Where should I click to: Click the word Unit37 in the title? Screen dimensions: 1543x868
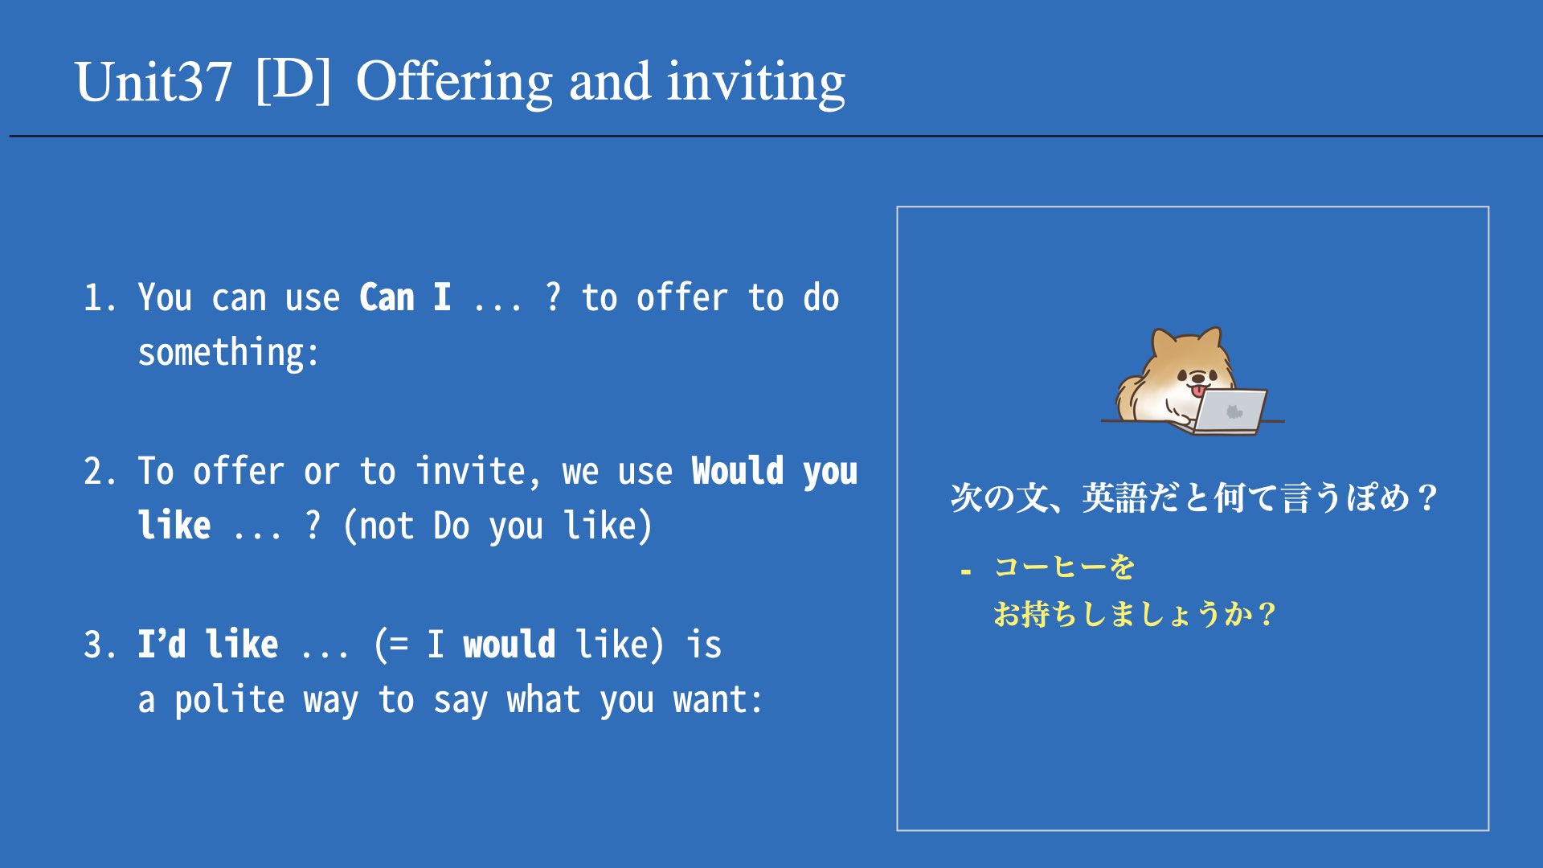[x=153, y=82]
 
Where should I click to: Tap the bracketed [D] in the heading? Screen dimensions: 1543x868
[x=293, y=80]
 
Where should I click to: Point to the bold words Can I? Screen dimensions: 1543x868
[x=404, y=297]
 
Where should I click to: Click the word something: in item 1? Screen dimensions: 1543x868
[x=229, y=353]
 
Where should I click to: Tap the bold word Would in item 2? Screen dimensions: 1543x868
[x=738, y=471]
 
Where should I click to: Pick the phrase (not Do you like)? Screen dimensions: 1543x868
[x=497, y=526]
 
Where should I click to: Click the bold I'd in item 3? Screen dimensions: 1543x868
[x=162, y=645]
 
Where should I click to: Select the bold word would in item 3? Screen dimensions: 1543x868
[x=510, y=645]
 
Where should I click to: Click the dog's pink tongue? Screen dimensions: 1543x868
[x=1198, y=391]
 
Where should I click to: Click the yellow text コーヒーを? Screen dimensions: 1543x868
[x=1064, y=567]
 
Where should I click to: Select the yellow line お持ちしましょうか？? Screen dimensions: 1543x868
[x=1134, y=615]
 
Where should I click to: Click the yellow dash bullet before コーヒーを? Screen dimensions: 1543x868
[x=966, y=572]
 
